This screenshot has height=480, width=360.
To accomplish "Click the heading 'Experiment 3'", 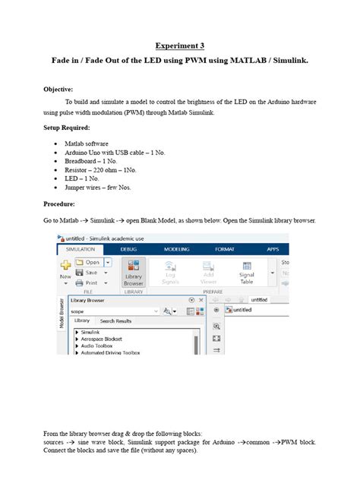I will coord(180,46).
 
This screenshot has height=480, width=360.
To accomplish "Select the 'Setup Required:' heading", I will coord(69,128).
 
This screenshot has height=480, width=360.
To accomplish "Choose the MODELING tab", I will coord(177,248).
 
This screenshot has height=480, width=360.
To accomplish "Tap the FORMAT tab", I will coord(225,248).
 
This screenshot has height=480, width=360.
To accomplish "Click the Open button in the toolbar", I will coord(92,263).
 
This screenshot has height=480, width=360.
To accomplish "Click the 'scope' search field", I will coord(110,311).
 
